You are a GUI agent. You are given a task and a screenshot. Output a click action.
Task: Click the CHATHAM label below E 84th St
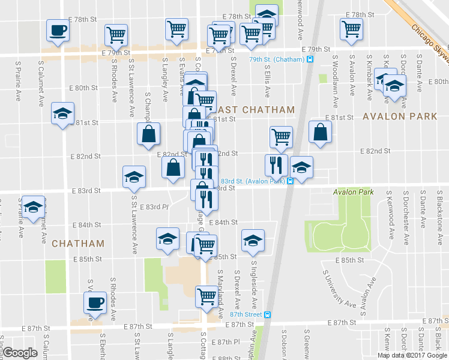click(x=78, y=244)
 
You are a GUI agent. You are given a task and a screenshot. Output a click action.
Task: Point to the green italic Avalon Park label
click(x=353, y=192)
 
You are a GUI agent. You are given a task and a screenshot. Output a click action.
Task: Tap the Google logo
click(x=20, y=353)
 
